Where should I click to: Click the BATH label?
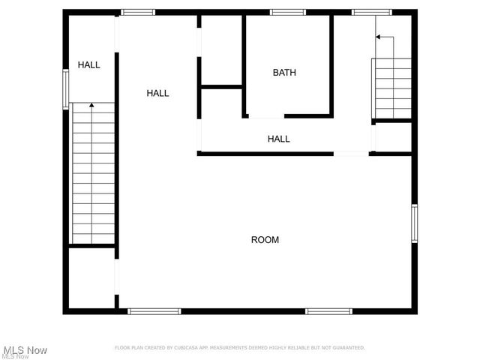tap(284, 73)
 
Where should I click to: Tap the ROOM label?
tap(265, 240)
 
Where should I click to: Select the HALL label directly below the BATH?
tap(279, 139)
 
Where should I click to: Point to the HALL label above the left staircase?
tap(88, 65)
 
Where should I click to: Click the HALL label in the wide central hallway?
tap(157, 93)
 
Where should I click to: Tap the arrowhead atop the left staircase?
tap(91, 106)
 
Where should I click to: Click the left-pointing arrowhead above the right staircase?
tap(379, 36)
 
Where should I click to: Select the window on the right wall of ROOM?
tap(414, 223)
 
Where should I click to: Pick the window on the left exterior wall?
tap(65, 89)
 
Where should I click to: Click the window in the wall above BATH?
tap(288, 12)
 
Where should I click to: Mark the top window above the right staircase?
tap(370, 12)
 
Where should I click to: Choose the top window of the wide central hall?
tap(139, 12)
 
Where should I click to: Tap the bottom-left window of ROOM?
tap(154, 310)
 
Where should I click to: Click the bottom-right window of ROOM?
tap(328, 310)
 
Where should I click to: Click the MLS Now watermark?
tap(26, 350)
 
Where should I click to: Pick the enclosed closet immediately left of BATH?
tap(221, 50)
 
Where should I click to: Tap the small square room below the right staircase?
tap(393, 137)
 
